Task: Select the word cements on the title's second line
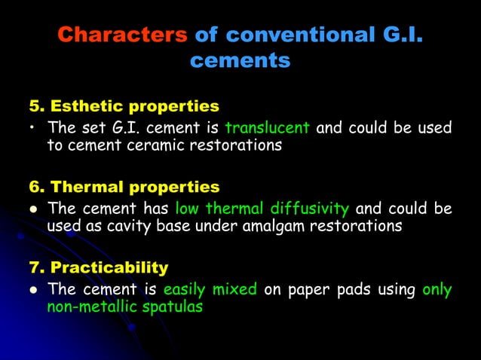click(240, 61)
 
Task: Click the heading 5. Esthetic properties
click(124, 105)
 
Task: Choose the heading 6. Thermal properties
click(125, 186)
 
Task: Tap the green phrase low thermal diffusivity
click(262, 209)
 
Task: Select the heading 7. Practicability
click(99, 267)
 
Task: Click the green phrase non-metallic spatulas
click(125, 307)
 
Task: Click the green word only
click(437, 289)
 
